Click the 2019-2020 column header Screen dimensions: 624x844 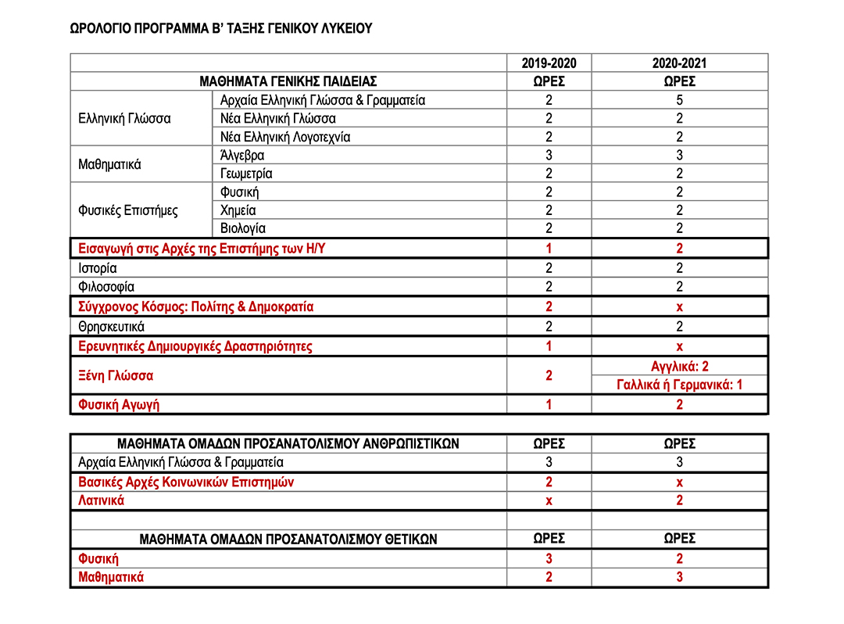[x=549, y=63]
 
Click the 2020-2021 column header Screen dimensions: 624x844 [x=679, y=63]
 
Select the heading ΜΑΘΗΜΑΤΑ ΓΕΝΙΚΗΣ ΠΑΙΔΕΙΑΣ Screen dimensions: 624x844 [x=288, y=81]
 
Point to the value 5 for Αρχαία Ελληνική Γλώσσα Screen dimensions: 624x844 [x=679, y=100]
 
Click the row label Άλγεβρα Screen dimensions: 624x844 [x=243, y=156]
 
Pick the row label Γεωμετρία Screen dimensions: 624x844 [x=247, y=174]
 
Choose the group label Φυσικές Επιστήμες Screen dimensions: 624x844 [x=128, y=210]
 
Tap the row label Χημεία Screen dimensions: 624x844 [x=238, y=210]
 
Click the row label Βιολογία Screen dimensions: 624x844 [x=243, y=228]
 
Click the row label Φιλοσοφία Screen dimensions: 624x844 [x=106, y=287]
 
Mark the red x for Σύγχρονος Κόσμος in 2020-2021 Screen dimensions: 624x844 [x=679, y=307]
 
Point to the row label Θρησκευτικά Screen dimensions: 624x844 [x=112, y=326]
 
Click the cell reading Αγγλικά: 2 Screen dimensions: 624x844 [x=679, y=367]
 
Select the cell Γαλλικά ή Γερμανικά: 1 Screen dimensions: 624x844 [x=679, y=385]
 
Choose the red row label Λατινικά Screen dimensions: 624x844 [x=102, y=500]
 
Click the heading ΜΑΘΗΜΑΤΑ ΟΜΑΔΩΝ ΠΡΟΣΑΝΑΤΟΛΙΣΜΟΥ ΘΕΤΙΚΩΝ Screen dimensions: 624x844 [x=288, y=539]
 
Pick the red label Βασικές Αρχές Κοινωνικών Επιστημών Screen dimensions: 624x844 [x=186, y=482]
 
